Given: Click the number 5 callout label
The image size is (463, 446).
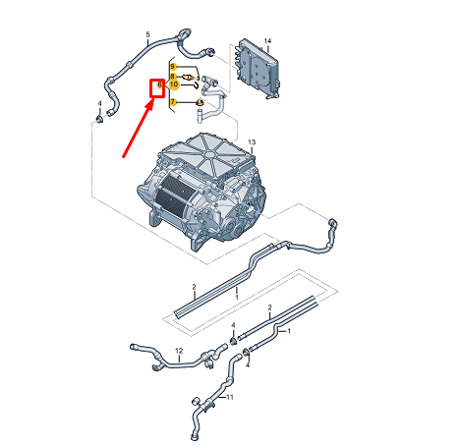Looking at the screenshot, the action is (147, 34).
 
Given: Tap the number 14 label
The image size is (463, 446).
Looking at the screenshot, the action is (267, 41).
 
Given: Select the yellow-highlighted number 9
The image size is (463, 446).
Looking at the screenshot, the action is (173, 67).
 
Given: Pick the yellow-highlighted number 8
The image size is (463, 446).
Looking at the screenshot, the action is (173, 77).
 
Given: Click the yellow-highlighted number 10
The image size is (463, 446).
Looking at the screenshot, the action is (174, 84).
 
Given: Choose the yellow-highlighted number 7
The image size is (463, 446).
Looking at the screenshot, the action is (173, 102).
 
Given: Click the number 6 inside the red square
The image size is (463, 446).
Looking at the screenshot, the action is (159, 84).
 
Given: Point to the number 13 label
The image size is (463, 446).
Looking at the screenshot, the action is (252, 142).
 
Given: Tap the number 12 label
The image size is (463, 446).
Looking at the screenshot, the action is (179, 351).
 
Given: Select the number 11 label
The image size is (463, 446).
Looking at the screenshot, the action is (230, 397).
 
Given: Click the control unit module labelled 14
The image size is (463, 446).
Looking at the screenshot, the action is (258, 69).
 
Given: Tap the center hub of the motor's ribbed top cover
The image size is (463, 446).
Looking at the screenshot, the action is (209, 154).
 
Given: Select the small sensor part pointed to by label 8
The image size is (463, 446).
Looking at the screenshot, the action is (188, 78).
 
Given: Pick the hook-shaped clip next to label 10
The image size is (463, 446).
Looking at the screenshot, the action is (195, 85).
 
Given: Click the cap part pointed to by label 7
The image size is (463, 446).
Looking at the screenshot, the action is (200, 103).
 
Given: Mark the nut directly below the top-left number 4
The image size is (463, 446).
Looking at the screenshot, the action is (99, 118).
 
